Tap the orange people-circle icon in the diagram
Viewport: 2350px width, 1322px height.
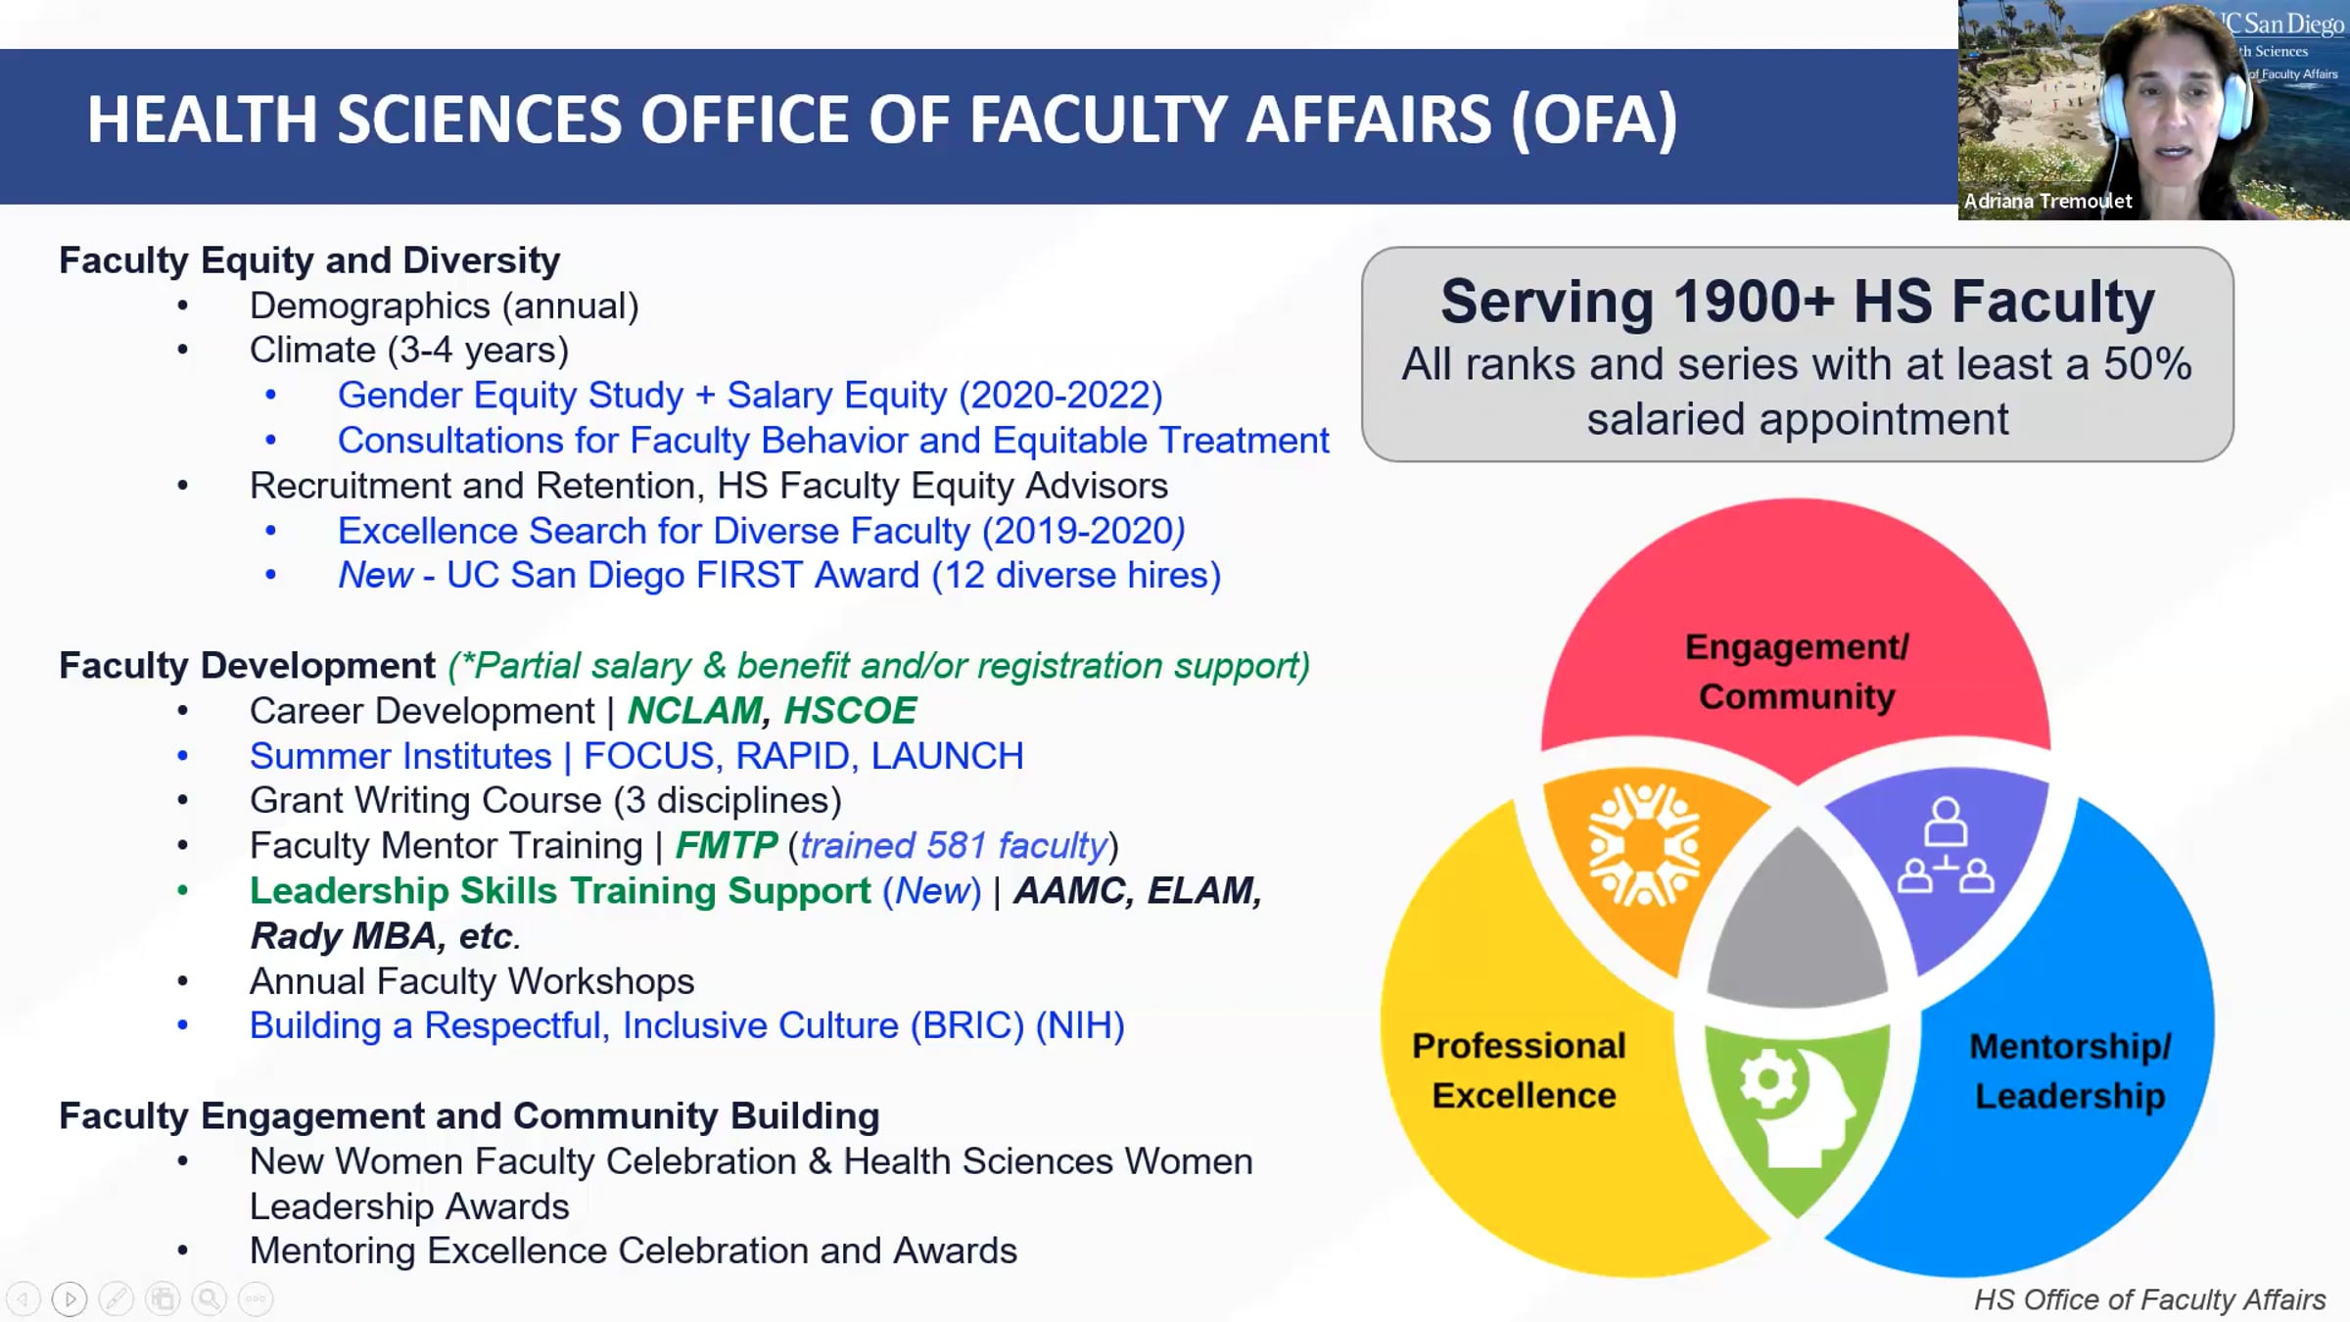1644,845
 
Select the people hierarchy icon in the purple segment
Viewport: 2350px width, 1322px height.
1945,846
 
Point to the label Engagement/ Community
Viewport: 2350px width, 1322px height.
1797,672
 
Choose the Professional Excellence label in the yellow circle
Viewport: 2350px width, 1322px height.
1521,1070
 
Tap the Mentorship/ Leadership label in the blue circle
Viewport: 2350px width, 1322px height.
2070,1071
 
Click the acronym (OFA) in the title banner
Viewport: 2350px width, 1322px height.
1594,119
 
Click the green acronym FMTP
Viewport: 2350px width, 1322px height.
726,845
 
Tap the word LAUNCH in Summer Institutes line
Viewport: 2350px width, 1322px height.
947,756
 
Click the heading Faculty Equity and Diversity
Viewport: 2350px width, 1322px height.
309,260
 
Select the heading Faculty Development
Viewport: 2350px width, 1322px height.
247,666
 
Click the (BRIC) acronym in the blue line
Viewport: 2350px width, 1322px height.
967,1025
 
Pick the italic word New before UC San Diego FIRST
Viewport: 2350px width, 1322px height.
375,575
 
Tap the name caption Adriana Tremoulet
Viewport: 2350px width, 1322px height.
2047,201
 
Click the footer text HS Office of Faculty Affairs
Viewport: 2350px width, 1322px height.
2149,1299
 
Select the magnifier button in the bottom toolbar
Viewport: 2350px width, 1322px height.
209,1299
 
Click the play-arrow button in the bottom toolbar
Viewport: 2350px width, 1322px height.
69,1299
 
